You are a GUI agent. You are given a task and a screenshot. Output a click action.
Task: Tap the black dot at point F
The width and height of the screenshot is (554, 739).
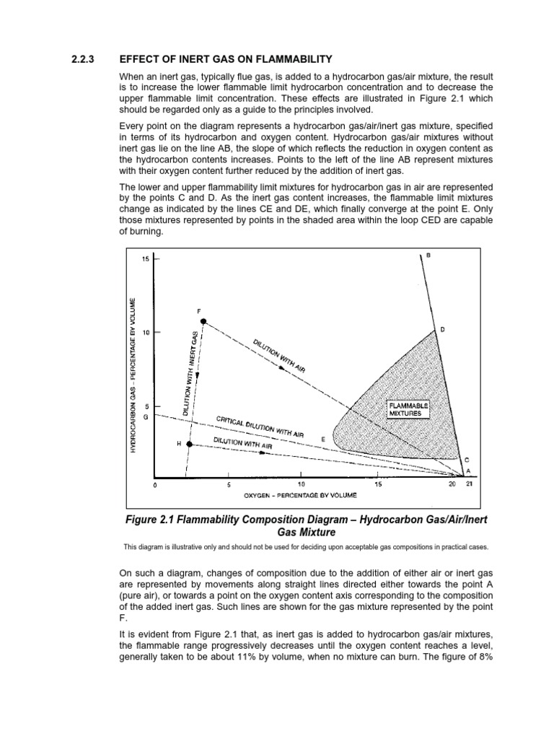[204, 321]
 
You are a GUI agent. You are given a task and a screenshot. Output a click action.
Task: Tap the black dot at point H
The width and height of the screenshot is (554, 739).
[190, 444]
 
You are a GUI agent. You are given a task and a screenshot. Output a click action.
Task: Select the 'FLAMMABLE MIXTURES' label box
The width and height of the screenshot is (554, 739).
[409, 409]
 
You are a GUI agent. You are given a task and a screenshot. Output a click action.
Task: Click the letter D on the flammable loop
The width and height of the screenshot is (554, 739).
[442, 330]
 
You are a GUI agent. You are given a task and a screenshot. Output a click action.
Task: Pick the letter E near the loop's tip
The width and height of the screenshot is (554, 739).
[323, 439]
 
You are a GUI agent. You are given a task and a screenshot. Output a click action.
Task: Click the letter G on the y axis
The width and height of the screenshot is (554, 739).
[146, 417]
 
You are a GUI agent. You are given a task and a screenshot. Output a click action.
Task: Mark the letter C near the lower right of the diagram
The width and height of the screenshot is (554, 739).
[466, 459]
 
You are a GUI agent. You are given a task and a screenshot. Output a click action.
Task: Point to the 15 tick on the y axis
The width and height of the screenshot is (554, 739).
[146, 259]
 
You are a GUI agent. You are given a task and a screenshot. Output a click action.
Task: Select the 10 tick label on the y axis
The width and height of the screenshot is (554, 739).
[146, 333]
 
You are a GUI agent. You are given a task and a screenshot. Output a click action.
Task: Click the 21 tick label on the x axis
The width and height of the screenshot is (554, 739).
[468, 485]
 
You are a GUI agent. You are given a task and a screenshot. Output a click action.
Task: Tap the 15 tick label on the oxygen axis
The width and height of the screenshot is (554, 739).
[378, 485]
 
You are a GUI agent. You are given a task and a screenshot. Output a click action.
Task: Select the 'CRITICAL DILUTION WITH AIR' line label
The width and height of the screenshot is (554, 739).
[260, 427]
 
